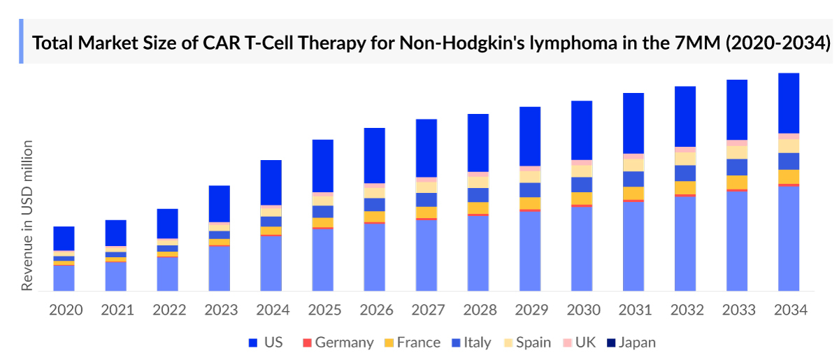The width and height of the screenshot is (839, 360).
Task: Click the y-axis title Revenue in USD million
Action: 27,215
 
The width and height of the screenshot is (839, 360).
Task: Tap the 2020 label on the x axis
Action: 65,310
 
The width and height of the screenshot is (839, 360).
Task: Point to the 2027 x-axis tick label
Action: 427,310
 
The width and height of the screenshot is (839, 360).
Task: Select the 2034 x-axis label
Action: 789,310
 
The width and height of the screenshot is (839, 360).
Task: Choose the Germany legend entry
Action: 337,343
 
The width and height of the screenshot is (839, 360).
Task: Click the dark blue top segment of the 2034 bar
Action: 789,103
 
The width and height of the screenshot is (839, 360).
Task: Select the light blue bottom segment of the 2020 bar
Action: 64,278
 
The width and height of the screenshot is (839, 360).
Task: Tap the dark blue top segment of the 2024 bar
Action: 271,182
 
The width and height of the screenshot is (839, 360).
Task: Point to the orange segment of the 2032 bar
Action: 685,187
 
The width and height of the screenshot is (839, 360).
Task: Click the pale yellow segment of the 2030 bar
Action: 582,171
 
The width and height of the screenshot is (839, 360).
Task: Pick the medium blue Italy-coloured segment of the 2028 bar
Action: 478,194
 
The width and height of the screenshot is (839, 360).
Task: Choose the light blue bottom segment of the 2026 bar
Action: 375,257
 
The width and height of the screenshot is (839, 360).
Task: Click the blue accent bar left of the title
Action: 21,41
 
